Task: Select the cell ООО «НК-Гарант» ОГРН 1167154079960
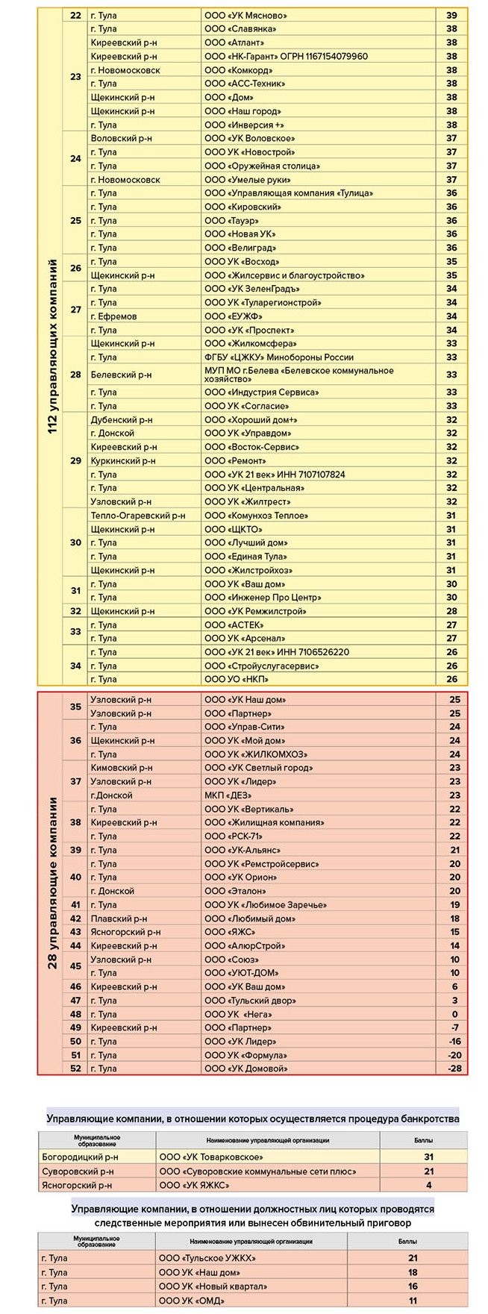286,57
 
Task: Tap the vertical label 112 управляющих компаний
53,347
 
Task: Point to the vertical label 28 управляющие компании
53,883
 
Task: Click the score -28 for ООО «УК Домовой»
454,1069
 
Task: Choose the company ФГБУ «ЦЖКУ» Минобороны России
279,357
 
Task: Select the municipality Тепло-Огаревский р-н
137,516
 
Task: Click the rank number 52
75,1069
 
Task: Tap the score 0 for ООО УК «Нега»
454,1014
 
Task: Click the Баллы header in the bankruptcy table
423,1141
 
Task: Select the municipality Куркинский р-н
123,460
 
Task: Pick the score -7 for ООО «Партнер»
454,1027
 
